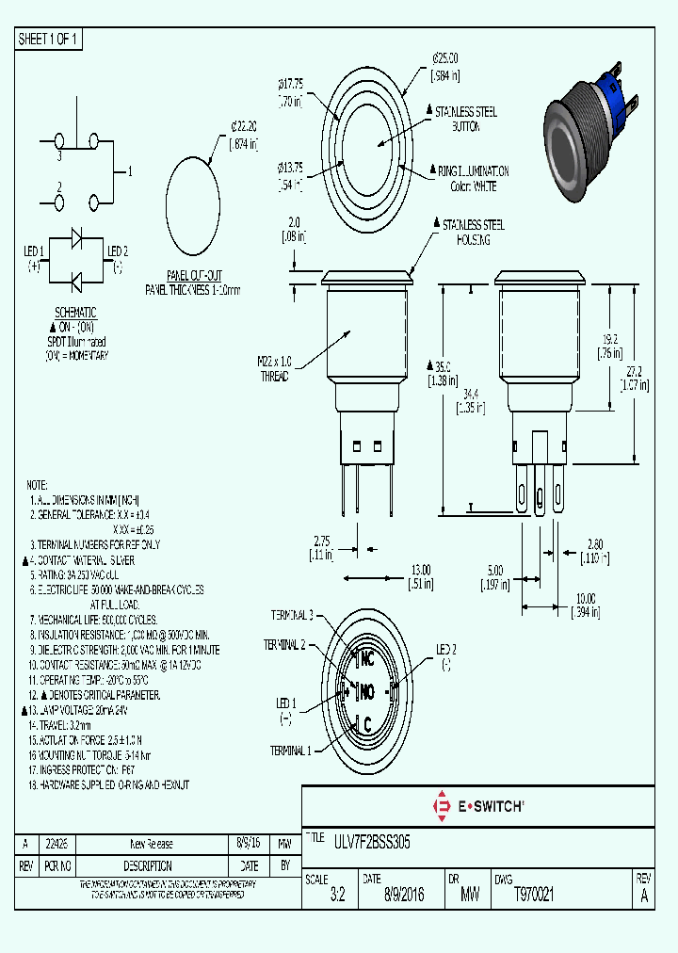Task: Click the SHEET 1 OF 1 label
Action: pyautogui.click(x=49, y=39)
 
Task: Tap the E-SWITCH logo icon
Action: pyautogui.click(x=440, y=805)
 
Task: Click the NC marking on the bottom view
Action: pyautogui.click(x=367, y=659)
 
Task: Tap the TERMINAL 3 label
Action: pyautogui.click(x=292, y=615)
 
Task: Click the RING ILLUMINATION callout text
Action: pyautogui.click(x=473, y=172)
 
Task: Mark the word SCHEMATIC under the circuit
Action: pyautogui.click(x=75, y=313)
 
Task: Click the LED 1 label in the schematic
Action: pyautogui.click(x=34, y=251)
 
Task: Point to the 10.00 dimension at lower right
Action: pyautogui.click(x=586, y=598)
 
